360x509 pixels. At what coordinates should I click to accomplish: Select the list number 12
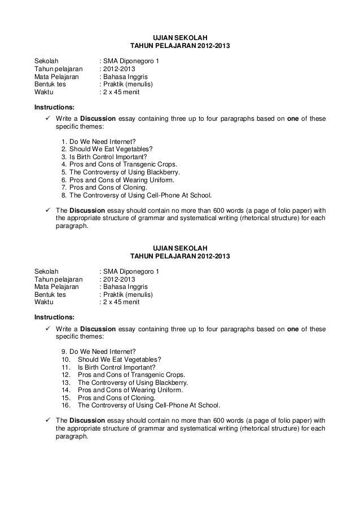coord(64,374)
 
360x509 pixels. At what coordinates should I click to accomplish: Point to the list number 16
coord(64,405)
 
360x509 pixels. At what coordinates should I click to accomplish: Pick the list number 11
coord(64,366)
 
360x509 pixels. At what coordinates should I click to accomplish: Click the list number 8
coord(63,196)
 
